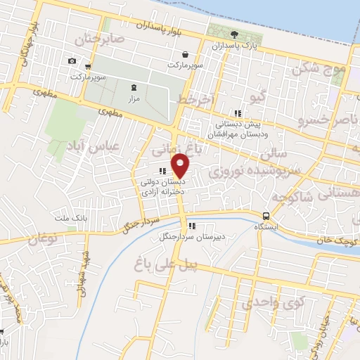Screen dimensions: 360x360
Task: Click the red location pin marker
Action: point(181,166)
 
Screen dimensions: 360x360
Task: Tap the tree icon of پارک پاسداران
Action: point(233,34)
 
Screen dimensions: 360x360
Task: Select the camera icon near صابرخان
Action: point(72,60)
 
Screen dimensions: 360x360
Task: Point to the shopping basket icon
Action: point(185,54)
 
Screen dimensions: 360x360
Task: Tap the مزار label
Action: point(134,99)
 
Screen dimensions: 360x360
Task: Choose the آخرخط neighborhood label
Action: point(195,101)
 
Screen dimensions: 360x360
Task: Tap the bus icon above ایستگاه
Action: point(266,216)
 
